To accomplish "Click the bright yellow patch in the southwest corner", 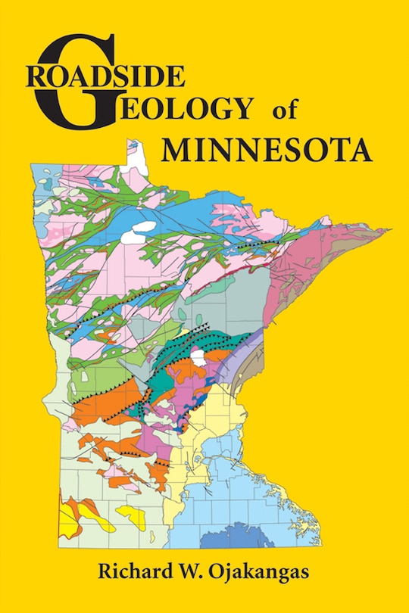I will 76,520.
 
